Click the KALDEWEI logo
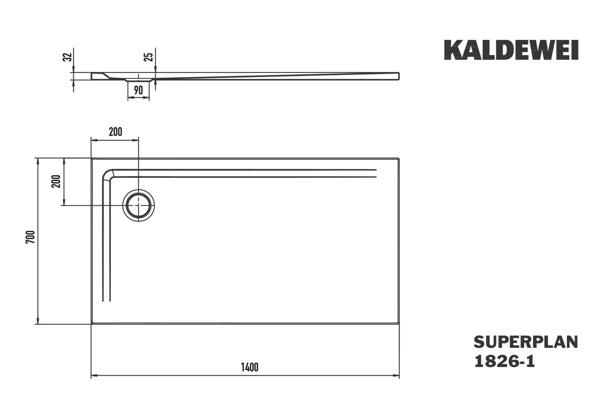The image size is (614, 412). click(x=511, y=50)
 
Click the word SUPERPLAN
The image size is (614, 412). click(x=526, y=342)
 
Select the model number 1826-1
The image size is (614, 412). click(x=505, y=362)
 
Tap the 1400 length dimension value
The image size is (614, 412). click(x=249, y=367)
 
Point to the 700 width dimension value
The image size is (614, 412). click(x=31, y=237)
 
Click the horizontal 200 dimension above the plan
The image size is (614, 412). click(x=115, y=132)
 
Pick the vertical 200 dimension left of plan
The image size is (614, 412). click(x=56, y=181)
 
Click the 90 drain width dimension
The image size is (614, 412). click(x=138, y=90)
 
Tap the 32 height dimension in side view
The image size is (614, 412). click(x=68, y=57)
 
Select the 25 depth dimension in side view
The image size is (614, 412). click(x=149, y=57)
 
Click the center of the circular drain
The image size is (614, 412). click(x=139, y=205)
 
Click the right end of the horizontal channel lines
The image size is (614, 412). click(x=375, y=173)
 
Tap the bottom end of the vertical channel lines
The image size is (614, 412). click(x=106, y=300)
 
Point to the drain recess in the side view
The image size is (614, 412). click(x=138, y=80)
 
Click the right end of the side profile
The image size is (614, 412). click(x=398, y=76)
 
